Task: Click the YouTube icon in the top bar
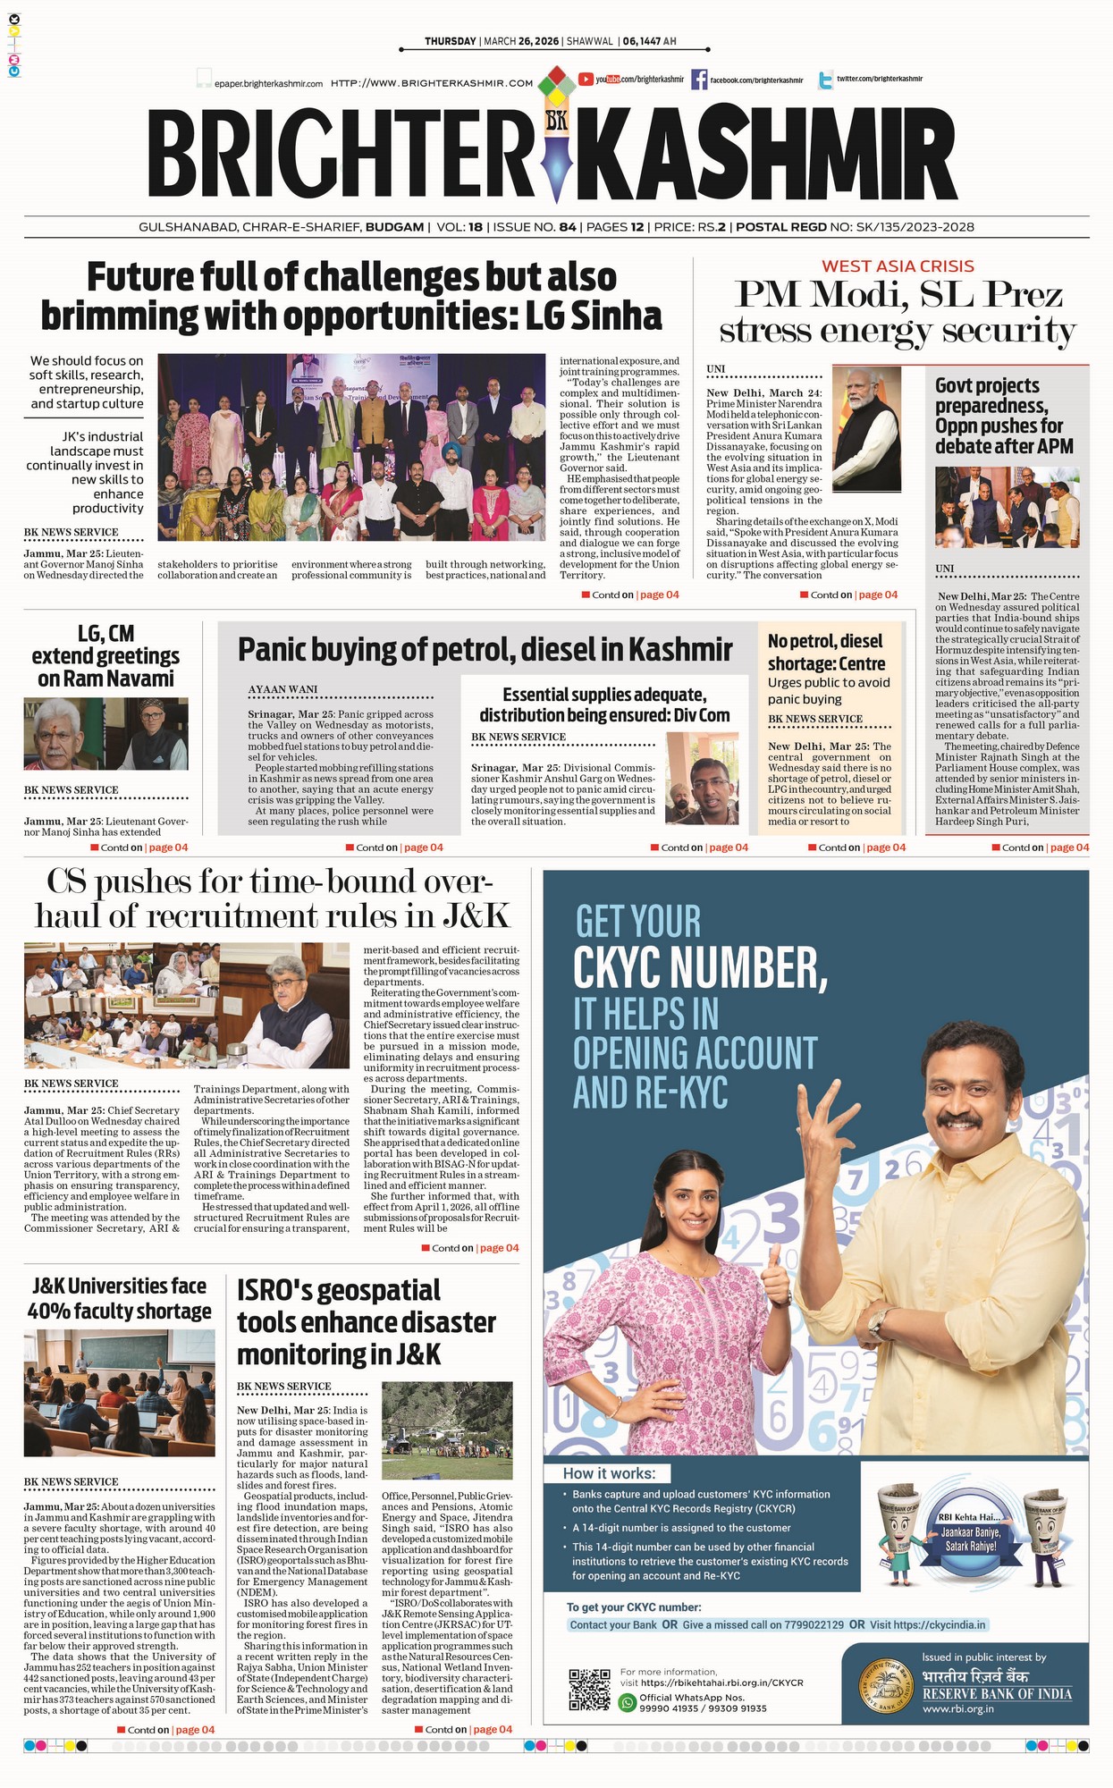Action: point(586,80)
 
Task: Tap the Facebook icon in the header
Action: point(698,80)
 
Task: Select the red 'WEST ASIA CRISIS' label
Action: point(898,266)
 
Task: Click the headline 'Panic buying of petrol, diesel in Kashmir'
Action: point(485,649)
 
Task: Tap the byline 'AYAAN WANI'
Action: point(282,689)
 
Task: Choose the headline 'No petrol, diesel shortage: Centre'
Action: point(826,653)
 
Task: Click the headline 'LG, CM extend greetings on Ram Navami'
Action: point(105,656)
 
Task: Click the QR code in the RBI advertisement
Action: point(589,1689)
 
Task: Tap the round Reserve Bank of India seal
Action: point(886,1688)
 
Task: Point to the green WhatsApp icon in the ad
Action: point(628,1702)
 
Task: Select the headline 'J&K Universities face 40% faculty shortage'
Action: point(120,1298)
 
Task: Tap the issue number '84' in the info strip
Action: point(567,227)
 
